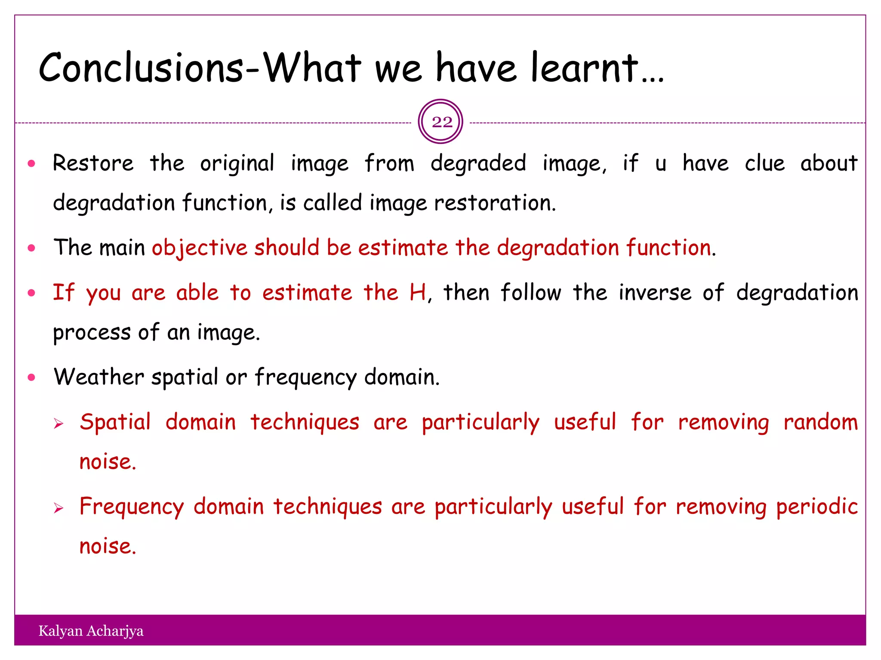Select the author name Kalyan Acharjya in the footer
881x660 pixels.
point(91,631)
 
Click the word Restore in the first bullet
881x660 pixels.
point(93,163)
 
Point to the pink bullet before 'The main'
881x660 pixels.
point(31,248)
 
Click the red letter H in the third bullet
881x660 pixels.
point(418,293)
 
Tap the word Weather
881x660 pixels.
point(99,377)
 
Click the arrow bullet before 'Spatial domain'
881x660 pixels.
point(59,424)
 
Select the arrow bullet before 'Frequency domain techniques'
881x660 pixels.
point(59,509)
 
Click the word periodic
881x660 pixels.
point(817,507)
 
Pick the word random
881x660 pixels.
point(820,422)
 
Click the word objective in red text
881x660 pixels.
point(199,248)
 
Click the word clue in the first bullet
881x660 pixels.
point(764,163)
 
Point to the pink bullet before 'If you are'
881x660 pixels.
point(31,293)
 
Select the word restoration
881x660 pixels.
point(495,203)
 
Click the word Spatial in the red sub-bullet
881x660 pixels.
point(115,422)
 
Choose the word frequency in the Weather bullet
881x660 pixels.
point(305,378)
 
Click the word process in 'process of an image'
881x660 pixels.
point(92,333)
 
